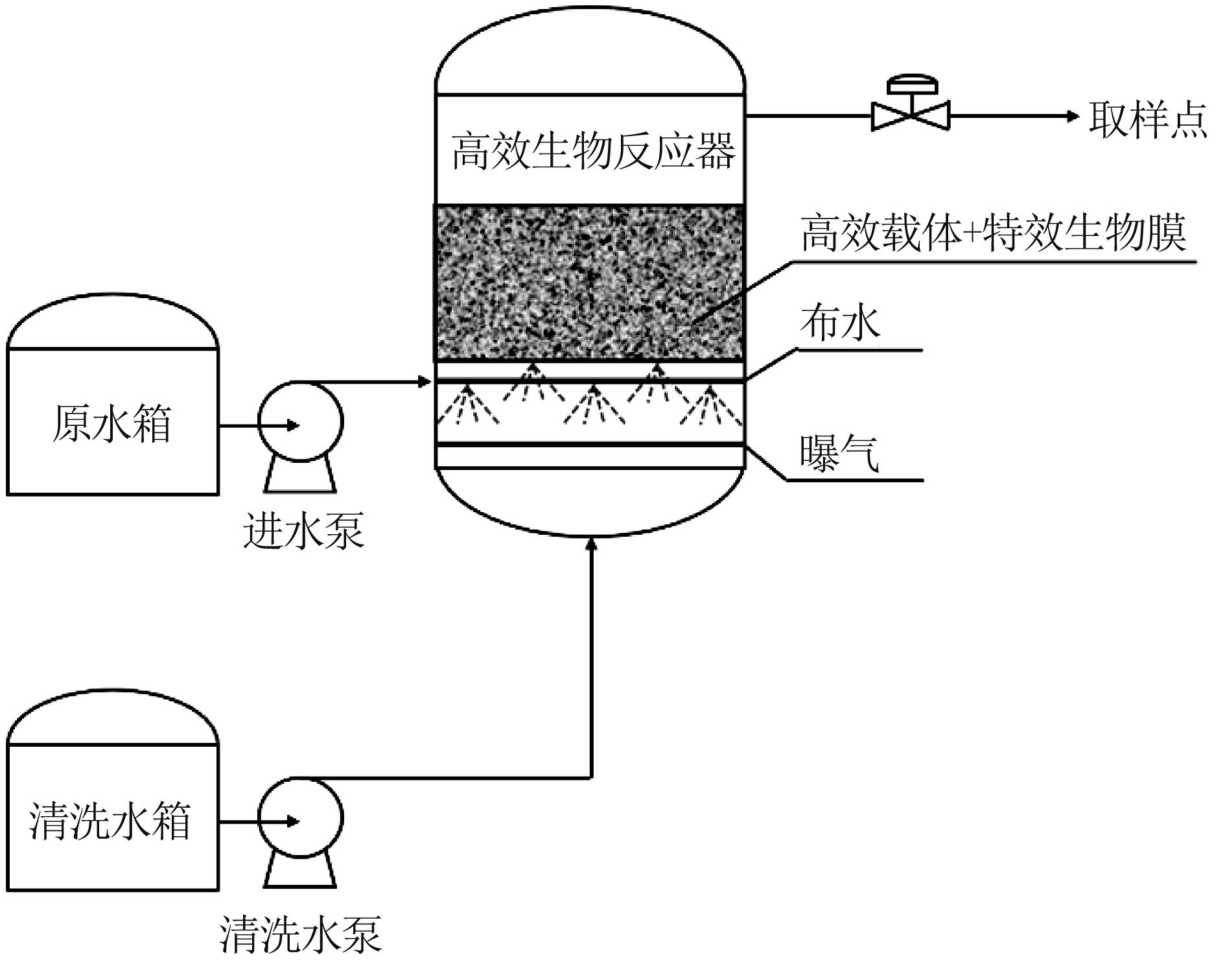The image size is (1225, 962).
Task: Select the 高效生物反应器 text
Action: point(593,151)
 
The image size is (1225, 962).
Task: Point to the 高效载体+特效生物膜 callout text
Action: point(994,233)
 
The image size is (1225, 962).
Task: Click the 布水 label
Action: point(840,322)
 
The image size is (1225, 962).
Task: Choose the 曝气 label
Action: point(840,452)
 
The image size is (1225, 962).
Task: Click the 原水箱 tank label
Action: point(111,424)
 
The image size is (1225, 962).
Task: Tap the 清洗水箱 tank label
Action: point(110,821)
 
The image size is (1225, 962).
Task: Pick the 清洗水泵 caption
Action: point(301,933)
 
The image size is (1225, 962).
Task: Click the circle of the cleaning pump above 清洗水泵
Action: point(301,820)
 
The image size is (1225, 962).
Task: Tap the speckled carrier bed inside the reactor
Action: point(589,283)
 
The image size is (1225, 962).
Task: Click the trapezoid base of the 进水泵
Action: point(301,476)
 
